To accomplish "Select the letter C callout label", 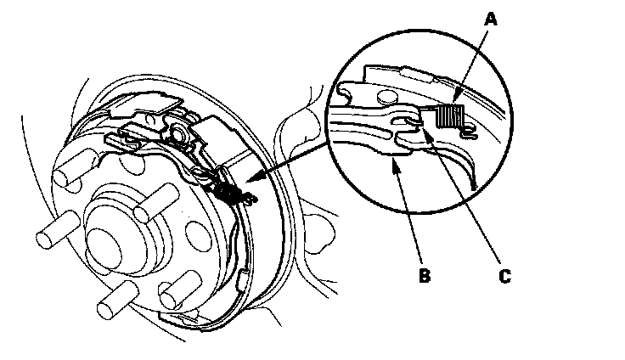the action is pyautogui.click(x=505, y=274).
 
